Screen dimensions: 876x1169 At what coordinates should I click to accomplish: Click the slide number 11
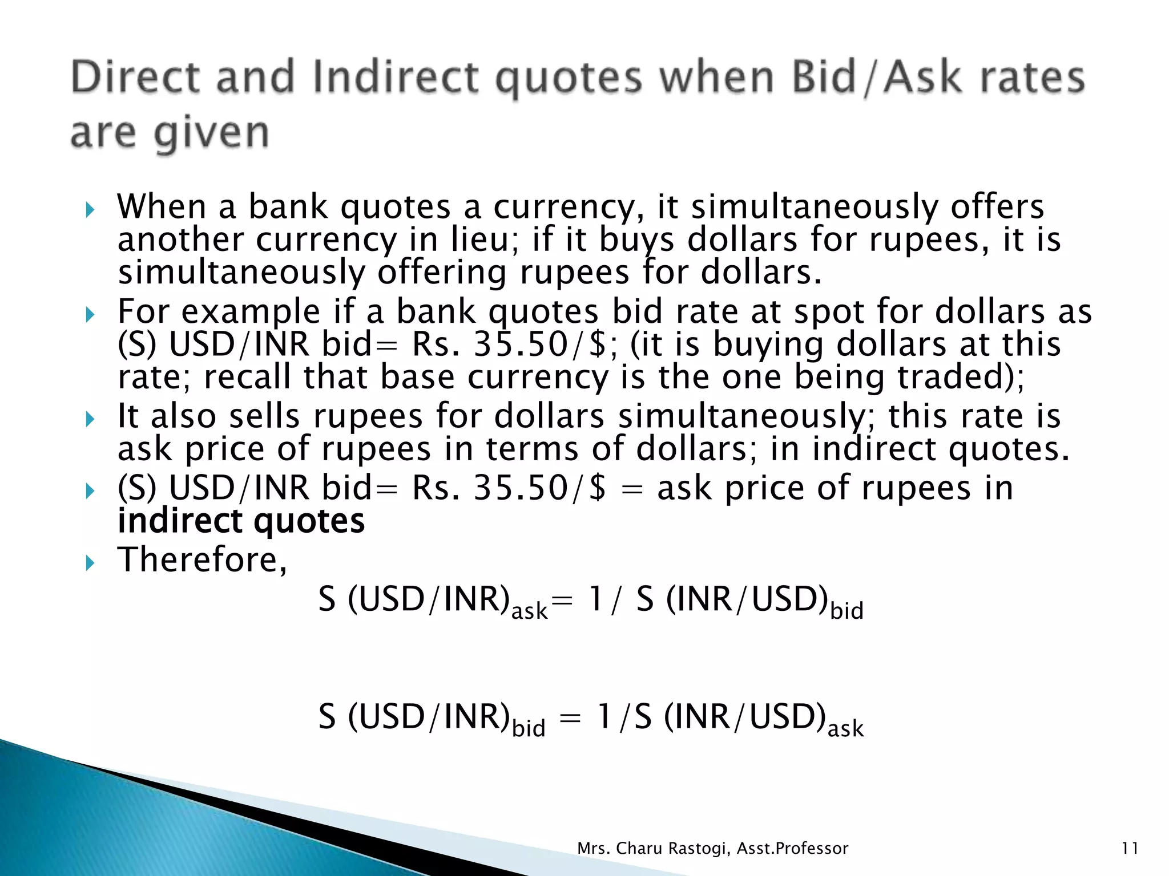point(1130,849)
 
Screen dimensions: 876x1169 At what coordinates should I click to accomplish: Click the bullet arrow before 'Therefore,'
point(90,563)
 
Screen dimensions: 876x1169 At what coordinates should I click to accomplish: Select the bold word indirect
point(180,521)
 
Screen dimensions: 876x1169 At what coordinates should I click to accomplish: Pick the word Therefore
point(199,559)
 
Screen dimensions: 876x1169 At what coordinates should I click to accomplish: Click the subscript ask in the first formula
point(529,611)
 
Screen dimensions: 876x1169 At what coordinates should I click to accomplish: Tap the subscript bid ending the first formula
point(846,610)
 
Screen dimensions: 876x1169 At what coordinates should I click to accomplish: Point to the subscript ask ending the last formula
point(845,729)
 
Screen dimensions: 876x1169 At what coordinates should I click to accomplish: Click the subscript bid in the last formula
point(529,728)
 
